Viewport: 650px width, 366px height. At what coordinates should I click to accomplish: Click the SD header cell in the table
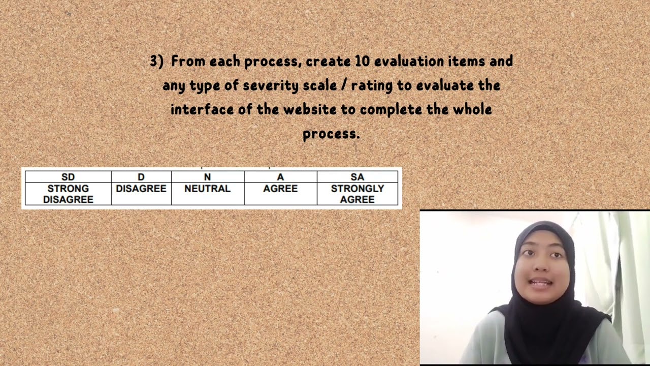[68, 177]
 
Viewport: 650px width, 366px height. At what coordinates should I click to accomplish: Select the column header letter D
[141, 177]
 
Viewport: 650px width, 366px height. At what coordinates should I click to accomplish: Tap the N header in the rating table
[207, 177]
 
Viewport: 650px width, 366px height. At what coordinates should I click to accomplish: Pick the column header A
[280, 177]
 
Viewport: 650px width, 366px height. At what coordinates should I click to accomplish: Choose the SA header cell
[357, 177]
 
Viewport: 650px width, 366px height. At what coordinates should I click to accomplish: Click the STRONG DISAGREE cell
[68, 194]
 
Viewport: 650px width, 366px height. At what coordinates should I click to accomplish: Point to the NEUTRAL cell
[207, 189]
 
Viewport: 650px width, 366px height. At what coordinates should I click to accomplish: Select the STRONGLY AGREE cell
[357, 194]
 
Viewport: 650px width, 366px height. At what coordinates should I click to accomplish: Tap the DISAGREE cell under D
[141, 189]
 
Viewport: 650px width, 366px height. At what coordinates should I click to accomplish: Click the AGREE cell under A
[280, 189]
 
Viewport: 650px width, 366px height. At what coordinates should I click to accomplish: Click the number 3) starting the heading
[156, 62]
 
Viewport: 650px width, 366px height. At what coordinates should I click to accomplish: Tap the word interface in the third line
[202, 110]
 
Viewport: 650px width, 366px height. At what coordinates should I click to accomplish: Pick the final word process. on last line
[331, 134]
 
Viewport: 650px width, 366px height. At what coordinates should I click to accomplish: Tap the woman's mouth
[541, 283]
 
